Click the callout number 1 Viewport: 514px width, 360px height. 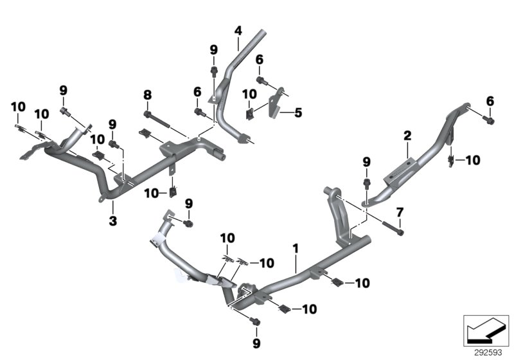coord(296,247)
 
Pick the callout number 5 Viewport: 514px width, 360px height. coord(298,113)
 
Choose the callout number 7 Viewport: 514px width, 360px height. coord(399,212)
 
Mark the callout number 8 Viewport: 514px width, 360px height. coord(147,94)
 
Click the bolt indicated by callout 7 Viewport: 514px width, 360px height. coord(393,228)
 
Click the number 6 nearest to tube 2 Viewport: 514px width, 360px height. coord(490,101)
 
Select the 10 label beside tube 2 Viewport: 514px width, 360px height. coord(472,160)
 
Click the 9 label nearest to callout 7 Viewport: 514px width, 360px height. coord(366,161)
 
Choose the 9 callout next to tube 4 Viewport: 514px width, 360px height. coord(214,49)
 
